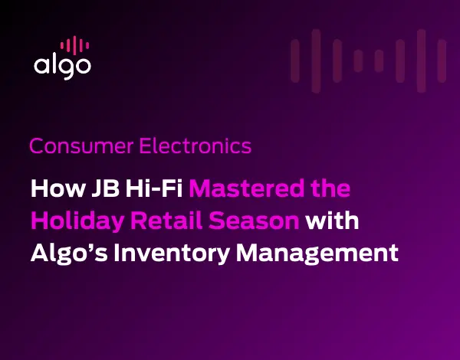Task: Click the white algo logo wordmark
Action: (x=62, y=66)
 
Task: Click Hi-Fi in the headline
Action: (x=149, y=189)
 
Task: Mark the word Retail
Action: (x=172, y=221)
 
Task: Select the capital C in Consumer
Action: (x=36, y=146)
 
